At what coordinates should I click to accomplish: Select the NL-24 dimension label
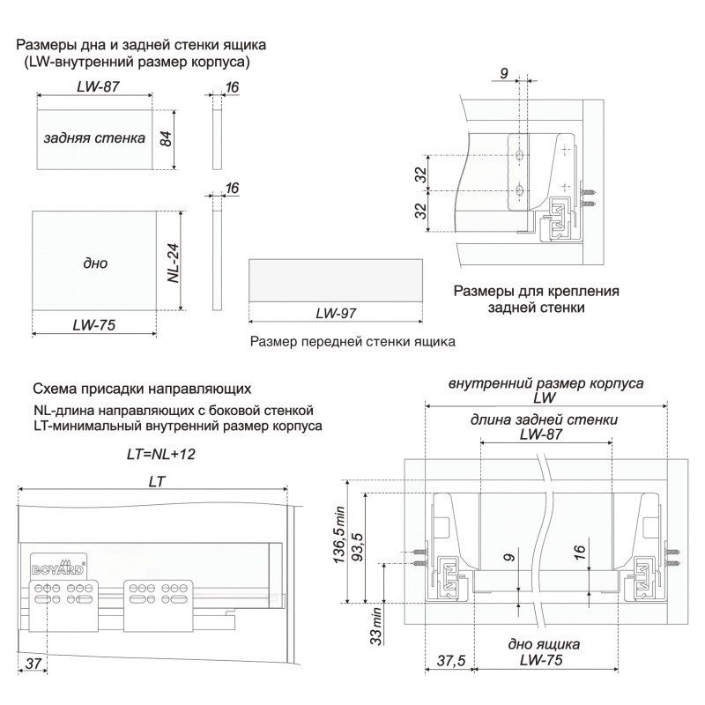(174, 261)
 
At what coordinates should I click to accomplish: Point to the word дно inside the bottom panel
(95, 263)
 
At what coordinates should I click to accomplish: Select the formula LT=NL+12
(160, 454)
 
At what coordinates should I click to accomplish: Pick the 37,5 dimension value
(450, 662)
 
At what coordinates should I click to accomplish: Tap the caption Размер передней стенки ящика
(352, 342)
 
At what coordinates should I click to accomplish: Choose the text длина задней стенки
(544, 419)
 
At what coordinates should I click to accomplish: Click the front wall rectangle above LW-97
(335, 279)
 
